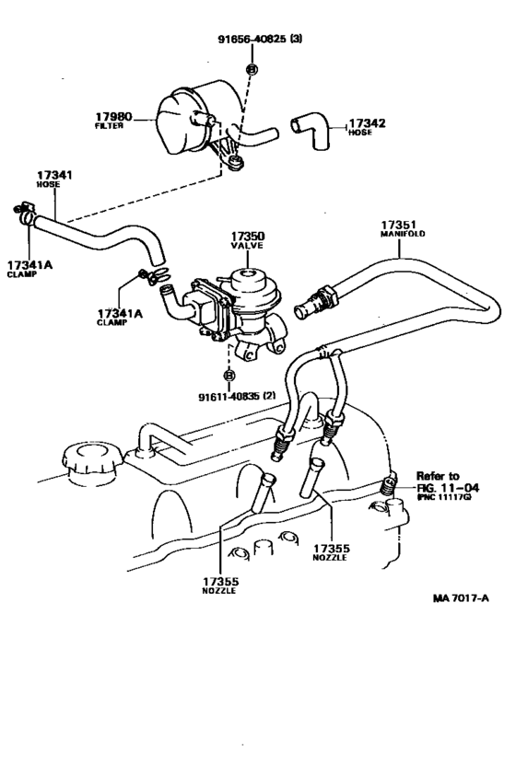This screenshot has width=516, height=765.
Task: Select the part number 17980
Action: (x=114, y=118)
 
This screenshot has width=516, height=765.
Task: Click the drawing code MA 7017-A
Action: (x=461, y=597)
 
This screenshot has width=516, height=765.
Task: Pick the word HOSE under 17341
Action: (x=48, y=184)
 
